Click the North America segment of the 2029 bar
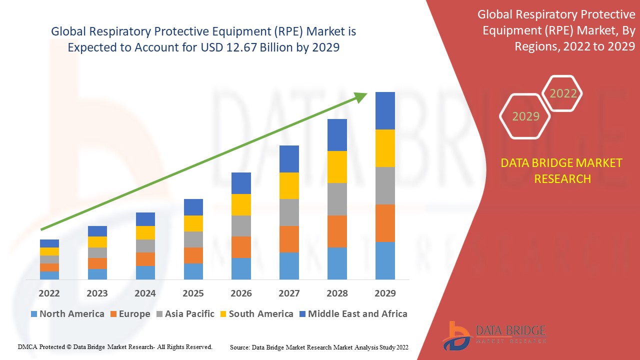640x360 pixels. click(x=385, y=260)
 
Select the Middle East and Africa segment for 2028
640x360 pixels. click(x=337, y=135)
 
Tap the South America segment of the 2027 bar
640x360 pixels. click(x=289, y=185)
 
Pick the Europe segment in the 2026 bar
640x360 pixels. click(x=241, y=247)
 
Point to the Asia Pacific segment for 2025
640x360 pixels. click(x=193, y=239)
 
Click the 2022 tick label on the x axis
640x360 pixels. click(x=49, y=293)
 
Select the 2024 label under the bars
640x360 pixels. click(x=145, y=293)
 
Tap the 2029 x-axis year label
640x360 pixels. click(x=385, y=293)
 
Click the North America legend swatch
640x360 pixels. click(x=34, y=314)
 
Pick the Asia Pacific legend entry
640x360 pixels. click(x=185, y=314)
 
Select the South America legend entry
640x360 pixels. click(x=255, y=314)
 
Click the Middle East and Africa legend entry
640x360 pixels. click(x=352, y=314)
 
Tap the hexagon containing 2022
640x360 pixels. click(x=563, y=93)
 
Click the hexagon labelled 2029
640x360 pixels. click(x=525, y=116)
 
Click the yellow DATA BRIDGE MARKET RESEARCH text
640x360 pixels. click(x=562, y=170)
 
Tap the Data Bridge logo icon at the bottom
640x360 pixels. click(x=456, y=335)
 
